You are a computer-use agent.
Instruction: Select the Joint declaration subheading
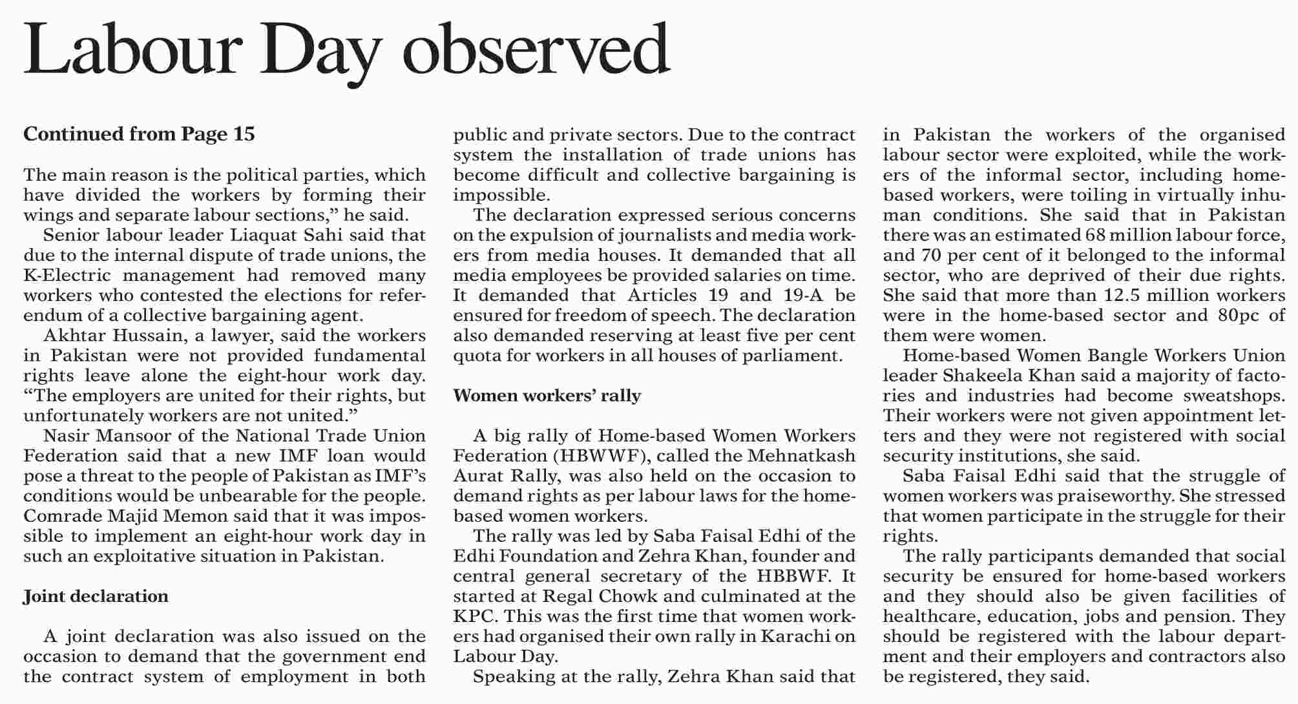click(96, 596)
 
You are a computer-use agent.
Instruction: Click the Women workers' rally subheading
click(547, 395)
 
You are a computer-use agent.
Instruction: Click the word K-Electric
click(67, 275)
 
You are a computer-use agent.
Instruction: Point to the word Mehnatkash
click(801, 456)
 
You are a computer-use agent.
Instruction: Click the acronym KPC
click(474, 616)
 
